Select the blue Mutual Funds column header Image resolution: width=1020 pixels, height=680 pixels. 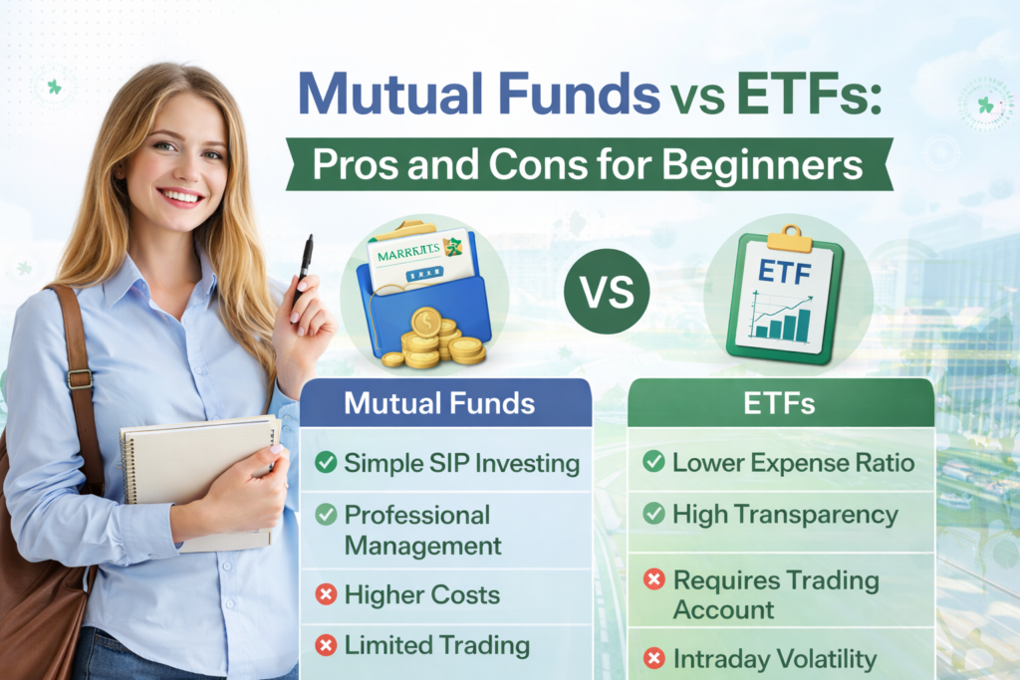coord(439,403)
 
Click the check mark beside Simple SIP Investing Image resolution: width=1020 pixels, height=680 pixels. coord(326,462)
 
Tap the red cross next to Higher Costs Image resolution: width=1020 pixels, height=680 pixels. coord(326,595)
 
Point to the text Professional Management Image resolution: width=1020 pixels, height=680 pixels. coord(422,530)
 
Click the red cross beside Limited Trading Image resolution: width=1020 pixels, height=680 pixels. coord(326,645)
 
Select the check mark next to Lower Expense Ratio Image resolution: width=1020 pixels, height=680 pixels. coord(653,461)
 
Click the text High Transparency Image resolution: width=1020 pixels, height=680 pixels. coord(785,515)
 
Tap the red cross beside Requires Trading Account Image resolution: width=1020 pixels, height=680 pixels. coord(653,580)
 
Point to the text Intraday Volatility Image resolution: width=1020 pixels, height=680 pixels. coord(775,658)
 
